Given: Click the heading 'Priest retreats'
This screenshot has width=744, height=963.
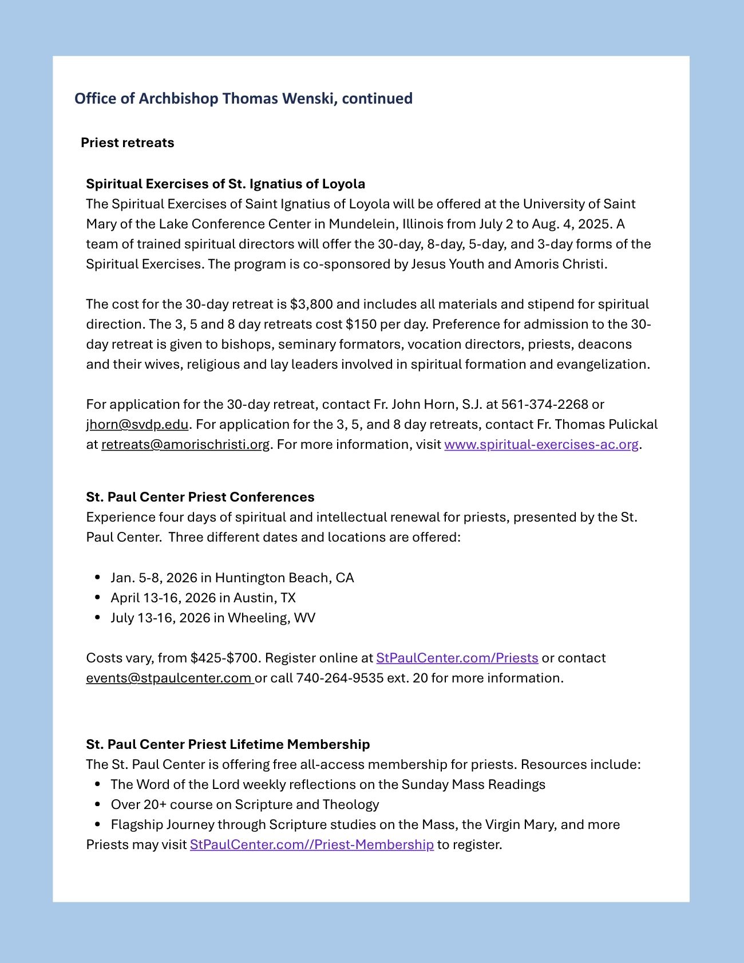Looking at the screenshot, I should pyautogui.click(x=127, y=143).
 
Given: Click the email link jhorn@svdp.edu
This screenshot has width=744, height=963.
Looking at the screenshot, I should pyautogui.click(x=137, y=424).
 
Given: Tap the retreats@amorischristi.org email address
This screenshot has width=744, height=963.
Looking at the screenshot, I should pyautogui.click(x=185, y=444).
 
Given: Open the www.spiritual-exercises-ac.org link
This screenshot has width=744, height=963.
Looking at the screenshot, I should pyautogui.click(x=541, y=444).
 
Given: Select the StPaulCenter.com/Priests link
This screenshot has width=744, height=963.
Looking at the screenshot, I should pyautogui.click(x=457, y=658).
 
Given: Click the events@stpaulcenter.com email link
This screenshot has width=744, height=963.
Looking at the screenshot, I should pyautogui.click(x=169, y=678).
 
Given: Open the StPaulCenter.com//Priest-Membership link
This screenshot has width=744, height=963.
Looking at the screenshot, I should pyautogui.click(x=311, y=844).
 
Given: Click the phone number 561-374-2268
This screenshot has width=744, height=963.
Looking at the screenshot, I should pyautogui.click(x=544, y=404).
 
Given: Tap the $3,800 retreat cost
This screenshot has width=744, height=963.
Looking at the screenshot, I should pyautogui.click(x=311, y=304).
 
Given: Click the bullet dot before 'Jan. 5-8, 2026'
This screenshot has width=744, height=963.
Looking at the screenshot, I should pyautogui.click(x=98, y=578).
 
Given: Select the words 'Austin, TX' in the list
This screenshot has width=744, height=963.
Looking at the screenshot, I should pyautogui.click(x=264, y=598).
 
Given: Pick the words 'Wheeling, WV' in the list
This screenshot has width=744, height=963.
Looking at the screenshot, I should pyautogui.click(x=271, y=618).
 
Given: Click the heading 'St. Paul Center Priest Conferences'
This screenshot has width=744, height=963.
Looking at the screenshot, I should pyautogui.click(x=200, y=497).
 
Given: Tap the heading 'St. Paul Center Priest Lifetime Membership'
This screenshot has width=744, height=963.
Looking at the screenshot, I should pyautogui.click(x=228, y=744).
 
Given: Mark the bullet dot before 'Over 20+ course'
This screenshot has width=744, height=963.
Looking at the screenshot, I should pyautogui.click(x=98, y=804).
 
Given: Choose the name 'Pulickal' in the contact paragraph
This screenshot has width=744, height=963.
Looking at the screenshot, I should pyautogui.click(x=633, y=424).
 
